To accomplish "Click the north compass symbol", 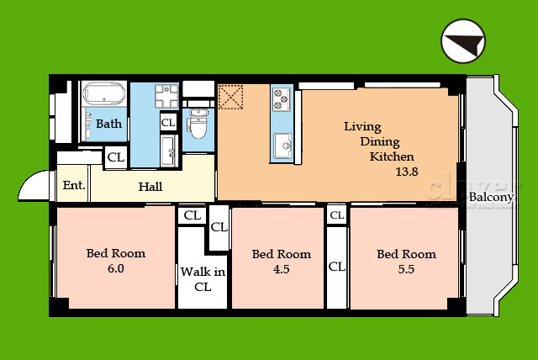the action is tap(463, 41).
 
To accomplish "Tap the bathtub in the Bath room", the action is tap(104, 93).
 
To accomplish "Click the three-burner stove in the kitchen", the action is tap(282, 99).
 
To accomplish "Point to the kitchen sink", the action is tap(283, 146).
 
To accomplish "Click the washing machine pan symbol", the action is tap(166, 96).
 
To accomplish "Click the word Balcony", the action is tap(491, 198).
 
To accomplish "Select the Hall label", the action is tap(150, 187).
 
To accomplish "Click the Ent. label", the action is tap(74, 185).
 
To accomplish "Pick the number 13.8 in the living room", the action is tap(407, 172).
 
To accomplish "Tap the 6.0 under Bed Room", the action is tap(116, 268).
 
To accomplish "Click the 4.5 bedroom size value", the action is tap(282, 269).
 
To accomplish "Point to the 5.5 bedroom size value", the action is tap(406, 269).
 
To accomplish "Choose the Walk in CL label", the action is tap(203, 279).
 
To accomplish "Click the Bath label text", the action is tap(108, 124).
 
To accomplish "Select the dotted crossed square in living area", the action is tap(230, 97).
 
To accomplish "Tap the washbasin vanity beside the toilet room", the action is tap(169, 151).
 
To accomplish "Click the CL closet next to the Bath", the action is tap(116, 157).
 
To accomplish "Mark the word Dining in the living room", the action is tap(380, 142).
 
